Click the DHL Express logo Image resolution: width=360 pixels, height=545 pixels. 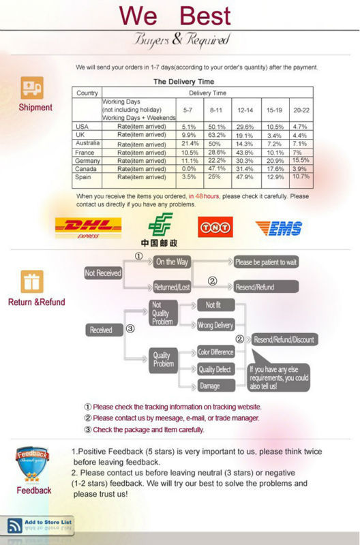click(88, 228)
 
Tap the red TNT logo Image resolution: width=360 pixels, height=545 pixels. click(215, 227)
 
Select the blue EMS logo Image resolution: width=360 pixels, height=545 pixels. click(279, 228)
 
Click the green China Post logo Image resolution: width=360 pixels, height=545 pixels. click(160, 230)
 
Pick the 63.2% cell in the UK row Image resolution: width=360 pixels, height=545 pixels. click(216, 135)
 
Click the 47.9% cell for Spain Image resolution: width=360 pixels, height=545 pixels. click(245, 177)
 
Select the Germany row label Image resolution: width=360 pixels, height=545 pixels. click(87, 161)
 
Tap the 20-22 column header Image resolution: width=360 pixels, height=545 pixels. click(301, 110)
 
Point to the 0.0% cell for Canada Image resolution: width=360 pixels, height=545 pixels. click(189, 168)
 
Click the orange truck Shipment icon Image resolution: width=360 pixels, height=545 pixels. click(32, 88)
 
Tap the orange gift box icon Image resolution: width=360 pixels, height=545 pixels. click(32, 281)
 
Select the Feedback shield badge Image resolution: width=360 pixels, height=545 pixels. click(32, 465)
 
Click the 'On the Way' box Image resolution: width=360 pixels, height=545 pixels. click(172, 262)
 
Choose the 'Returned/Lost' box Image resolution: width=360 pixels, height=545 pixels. click(172, 287)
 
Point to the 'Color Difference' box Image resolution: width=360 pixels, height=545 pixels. click(216, 352)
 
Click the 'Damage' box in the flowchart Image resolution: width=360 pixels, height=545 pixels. click(216, 386)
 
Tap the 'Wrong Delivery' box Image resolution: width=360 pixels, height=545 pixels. click(216, 326)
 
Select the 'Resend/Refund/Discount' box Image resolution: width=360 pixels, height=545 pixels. click(284, 339)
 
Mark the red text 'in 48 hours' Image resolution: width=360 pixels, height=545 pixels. click(204, 196)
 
